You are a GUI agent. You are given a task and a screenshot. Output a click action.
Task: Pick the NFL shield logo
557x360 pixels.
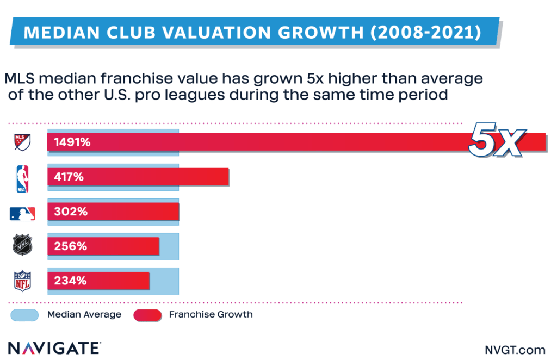(22, 281)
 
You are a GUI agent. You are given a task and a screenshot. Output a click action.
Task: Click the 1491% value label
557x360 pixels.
(71, 142)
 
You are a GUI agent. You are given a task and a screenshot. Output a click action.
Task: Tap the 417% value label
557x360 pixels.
(69, 177)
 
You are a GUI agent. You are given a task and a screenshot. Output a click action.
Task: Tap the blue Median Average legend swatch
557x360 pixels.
(24, 315)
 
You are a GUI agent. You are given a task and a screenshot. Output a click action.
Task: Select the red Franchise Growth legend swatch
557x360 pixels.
(147, 315)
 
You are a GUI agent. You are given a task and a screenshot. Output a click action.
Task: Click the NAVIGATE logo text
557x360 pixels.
(53, 347)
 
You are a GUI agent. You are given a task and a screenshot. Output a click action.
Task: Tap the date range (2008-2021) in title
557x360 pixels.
(425, 32)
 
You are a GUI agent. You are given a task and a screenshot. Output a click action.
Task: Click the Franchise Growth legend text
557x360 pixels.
(211, 315)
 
